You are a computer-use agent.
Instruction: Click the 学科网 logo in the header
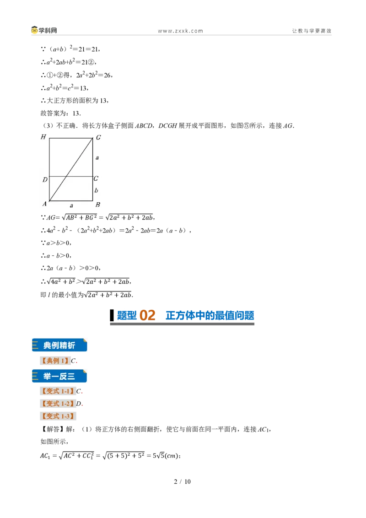44,30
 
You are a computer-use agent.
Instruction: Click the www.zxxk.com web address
180,31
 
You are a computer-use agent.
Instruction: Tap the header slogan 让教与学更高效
312,31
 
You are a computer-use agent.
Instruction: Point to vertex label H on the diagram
43,137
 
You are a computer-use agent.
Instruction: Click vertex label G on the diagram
98,137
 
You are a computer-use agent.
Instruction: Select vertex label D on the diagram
45,180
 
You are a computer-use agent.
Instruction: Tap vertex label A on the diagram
44,204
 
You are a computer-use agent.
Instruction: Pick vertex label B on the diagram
98,205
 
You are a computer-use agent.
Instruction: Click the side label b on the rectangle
96,190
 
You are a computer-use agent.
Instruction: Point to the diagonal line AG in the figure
71,169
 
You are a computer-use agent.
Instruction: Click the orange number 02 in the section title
147,315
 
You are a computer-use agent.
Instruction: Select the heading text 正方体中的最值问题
210,315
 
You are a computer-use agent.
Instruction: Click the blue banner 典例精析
59,345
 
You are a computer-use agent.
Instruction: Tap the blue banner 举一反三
59,376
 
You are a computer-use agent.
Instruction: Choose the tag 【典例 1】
55,361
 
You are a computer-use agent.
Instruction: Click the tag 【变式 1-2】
58,404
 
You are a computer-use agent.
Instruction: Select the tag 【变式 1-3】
58,416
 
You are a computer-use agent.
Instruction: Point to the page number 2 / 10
183,482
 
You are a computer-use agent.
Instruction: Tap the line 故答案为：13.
61,113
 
